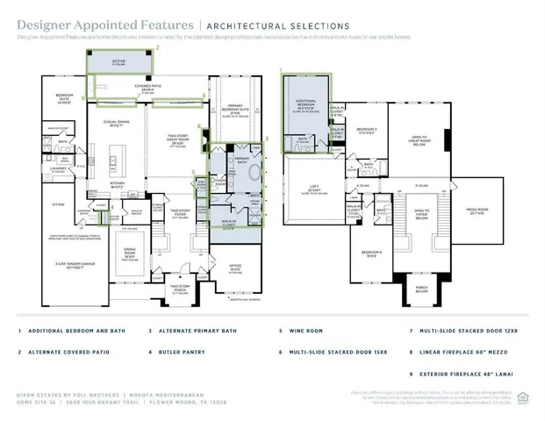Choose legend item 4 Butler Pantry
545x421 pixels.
(x=179, y=353)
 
